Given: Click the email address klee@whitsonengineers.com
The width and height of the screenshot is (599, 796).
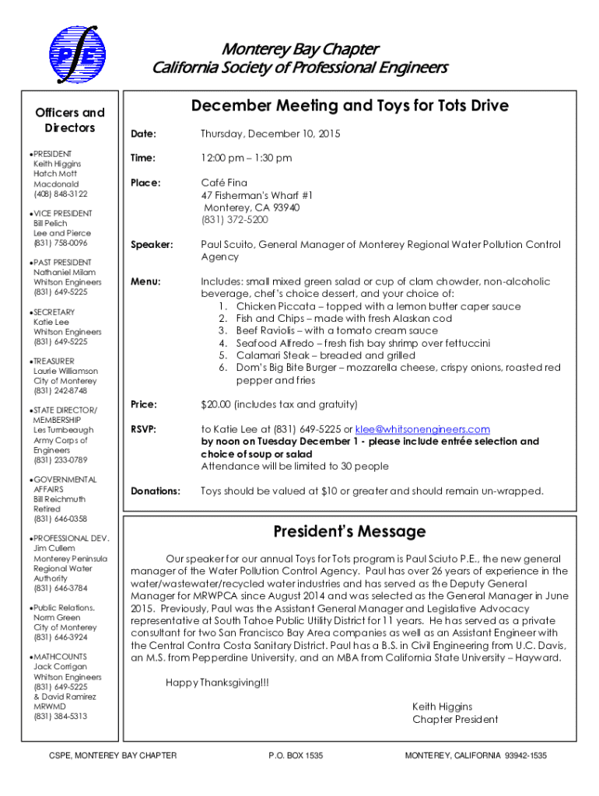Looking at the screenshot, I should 422,429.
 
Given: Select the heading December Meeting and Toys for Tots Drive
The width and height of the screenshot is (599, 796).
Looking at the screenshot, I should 350,106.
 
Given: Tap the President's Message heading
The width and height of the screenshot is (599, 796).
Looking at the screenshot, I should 349,532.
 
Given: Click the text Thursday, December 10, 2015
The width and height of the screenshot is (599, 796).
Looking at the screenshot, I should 270,134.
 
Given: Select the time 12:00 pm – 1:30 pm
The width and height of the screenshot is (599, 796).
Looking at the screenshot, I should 246,159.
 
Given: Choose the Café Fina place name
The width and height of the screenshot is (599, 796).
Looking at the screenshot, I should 224,183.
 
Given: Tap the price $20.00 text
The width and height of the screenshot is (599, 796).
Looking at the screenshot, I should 217,404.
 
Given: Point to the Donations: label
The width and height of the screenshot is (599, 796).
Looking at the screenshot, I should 156,491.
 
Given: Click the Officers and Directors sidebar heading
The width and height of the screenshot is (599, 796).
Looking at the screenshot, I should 70,120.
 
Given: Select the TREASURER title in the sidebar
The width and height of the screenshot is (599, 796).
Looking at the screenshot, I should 54,361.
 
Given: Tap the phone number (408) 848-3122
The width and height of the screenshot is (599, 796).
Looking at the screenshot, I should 61,194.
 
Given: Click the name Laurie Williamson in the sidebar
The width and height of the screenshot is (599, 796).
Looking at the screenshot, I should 66,372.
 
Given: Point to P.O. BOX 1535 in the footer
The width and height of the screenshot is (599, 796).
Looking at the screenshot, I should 295,756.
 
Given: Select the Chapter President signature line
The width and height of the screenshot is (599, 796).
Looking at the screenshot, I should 455,719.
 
